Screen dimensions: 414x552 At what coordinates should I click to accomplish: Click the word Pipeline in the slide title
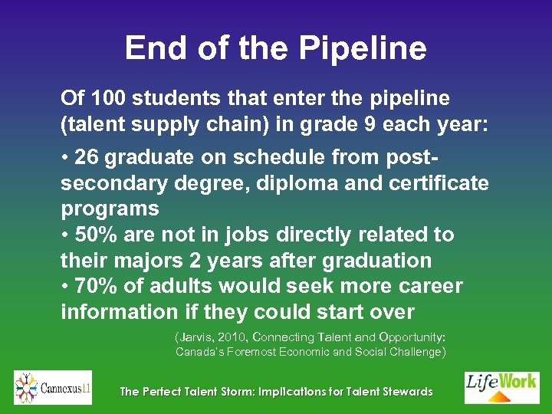pyautogui.click(x=363, y=49)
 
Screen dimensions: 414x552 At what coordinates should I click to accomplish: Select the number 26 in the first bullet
pyautogui.click(x=87, y=157)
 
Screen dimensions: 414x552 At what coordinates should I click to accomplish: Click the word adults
pyautogui.click(x=182, y=286)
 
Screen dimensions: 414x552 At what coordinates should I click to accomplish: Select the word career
pyautogui.click(x=430, y=286)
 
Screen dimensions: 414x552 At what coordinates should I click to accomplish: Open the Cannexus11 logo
pyautogui.click(x=53, y=388)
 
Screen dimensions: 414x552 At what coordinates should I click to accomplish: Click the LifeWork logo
pyautogui.click(x=501, y=388)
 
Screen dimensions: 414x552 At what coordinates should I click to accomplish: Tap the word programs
pyautogui.click(x=110, y=209)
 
